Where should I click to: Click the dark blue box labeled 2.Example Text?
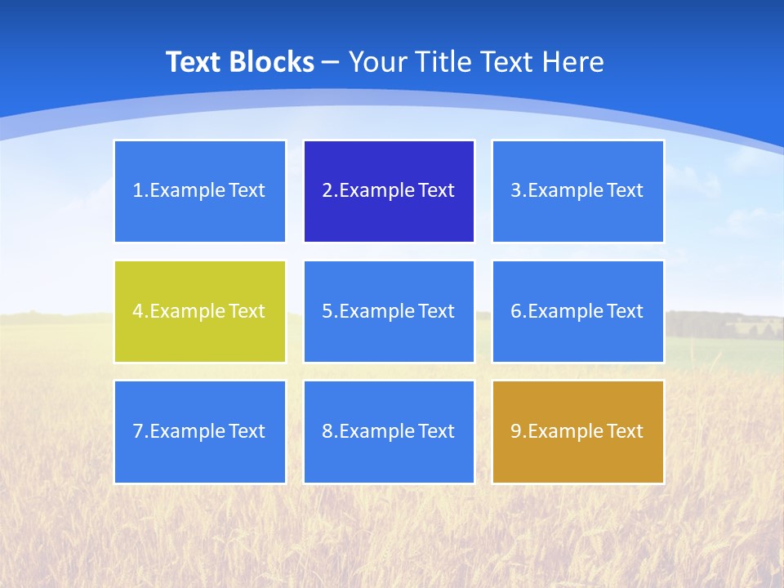coord(389,191)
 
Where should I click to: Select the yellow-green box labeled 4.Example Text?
coord(200,311)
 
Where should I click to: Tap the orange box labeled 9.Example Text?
coord(578,431)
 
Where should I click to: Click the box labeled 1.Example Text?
coord(200,191)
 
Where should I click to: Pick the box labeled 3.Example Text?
coord(578,191)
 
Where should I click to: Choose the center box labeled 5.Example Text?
coord(389,311)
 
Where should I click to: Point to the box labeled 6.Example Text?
coord(578,311)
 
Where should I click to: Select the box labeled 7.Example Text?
coord(200,431)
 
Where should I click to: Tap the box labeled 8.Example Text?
coord(389,431)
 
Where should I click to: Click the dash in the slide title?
coord(332,63)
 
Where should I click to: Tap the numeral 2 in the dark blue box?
coord(327,191)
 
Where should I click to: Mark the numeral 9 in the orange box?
coord(516,431)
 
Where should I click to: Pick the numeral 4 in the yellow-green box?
coord(138,311)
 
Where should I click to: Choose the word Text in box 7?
coord(247,431)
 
